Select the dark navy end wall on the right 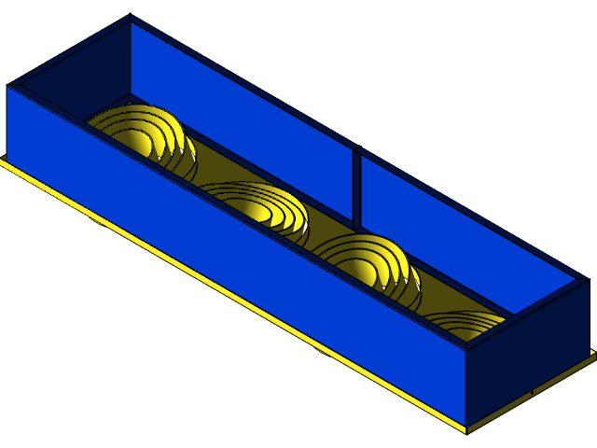coord(527,350)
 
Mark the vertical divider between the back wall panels coord(356,187)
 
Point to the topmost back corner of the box coord(129,17)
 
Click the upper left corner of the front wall coord(9,87)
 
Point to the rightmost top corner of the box coord(587,278)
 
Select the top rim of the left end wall coord(70,51)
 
